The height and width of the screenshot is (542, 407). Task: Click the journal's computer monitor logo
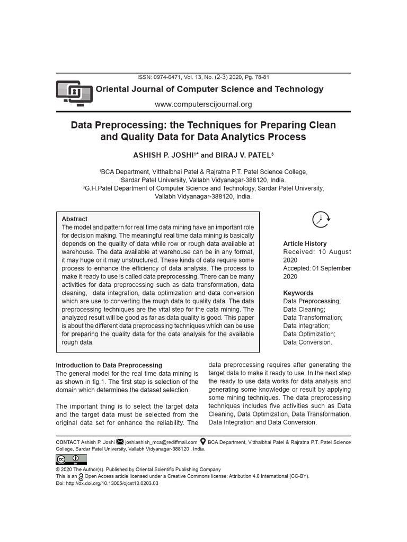click(x=74, y=94)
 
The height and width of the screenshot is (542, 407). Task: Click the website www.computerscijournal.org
click(x=203, y=104)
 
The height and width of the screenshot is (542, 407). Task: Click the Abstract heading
click(x=75, y=219)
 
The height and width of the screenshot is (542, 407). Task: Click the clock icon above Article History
click(x=321, y=219)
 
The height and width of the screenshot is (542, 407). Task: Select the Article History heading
click(x=305, y=244)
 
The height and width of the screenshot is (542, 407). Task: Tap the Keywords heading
click(x=298, y=293)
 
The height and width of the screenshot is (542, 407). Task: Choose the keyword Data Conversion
click(x=308, y=342)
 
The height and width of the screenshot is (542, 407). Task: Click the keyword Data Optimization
click(x=309, y=334)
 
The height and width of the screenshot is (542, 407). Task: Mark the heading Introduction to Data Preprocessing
click(x=109, y=365)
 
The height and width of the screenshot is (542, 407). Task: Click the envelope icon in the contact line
click(x=120, y=442)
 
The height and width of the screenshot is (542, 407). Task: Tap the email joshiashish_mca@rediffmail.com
click(x=161, y=442)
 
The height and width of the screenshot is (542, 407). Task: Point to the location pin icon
click(x=202, y=442)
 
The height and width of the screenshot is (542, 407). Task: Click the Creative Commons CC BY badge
click(x=72, y=459)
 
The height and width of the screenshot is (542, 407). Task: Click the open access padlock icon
click(x=81, y=476)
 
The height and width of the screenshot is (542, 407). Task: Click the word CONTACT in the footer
click(x=68, y=442)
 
